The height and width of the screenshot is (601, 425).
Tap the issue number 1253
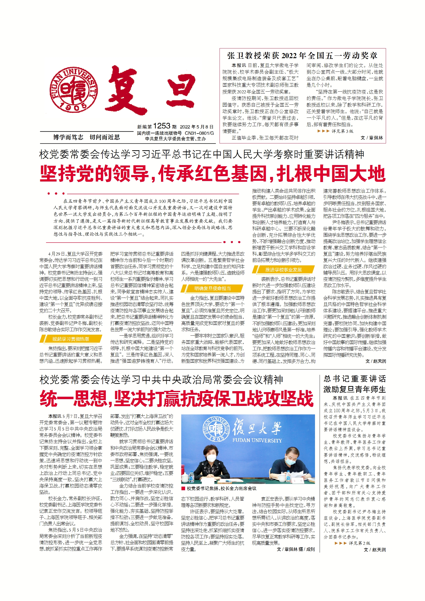tap(161, 126)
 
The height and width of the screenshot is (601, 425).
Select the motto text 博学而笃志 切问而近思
tap(86, 137)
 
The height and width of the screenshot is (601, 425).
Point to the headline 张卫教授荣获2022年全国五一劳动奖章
tap(302, 55)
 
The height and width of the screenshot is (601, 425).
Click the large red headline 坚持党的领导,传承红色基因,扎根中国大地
tap(212, 174)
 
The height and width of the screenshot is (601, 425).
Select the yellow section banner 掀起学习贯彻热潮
tap(71, 339)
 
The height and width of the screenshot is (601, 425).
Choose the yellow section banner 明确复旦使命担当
tap(212, 288)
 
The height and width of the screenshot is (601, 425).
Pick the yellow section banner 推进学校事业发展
tap(283, 270)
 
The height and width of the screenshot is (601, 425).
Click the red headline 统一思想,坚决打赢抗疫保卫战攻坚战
tap(177, 399)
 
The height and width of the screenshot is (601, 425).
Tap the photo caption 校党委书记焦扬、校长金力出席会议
tap(221, 489)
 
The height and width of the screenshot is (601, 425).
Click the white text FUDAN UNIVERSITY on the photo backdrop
tap(257, 440)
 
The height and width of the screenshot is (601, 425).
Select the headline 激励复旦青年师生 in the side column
tap(354, 389)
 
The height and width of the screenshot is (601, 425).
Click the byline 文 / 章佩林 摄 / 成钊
tap(295, 549)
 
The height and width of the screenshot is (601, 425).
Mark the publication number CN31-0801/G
tap(199, 133)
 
